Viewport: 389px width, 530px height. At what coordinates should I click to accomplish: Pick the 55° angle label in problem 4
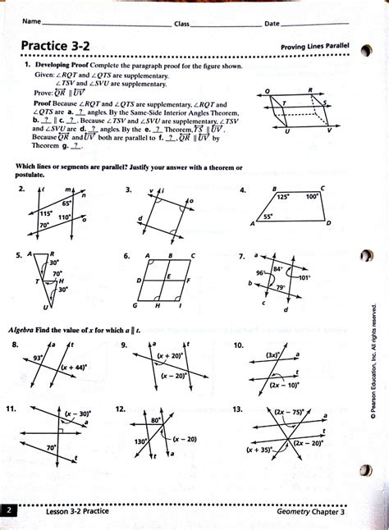click(x=268, y=217)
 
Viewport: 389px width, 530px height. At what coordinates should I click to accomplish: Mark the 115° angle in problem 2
click(x=35, y=212)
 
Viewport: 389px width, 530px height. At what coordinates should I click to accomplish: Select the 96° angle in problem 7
click(x=261, y=272)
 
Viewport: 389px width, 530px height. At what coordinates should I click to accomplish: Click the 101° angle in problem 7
click(x=304, y=278)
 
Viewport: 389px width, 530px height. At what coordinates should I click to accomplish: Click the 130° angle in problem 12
click(x=140, y=441)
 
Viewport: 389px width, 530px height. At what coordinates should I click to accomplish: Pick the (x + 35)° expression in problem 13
click(x=259, y=450)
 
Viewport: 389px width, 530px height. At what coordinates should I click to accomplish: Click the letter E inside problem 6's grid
click(x=167, y=276)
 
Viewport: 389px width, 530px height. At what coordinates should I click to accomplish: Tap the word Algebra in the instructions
click(x=25, y=329)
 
